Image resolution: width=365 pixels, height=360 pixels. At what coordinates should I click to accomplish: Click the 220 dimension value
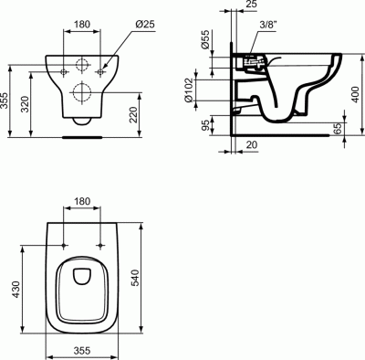tap(134, 115)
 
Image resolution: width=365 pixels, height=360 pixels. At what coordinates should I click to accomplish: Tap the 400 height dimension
tap(357, 93)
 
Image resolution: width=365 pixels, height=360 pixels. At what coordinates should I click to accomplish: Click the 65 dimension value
tap(337, 130)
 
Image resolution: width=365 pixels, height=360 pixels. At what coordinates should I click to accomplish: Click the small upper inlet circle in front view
tap(81, 65)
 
